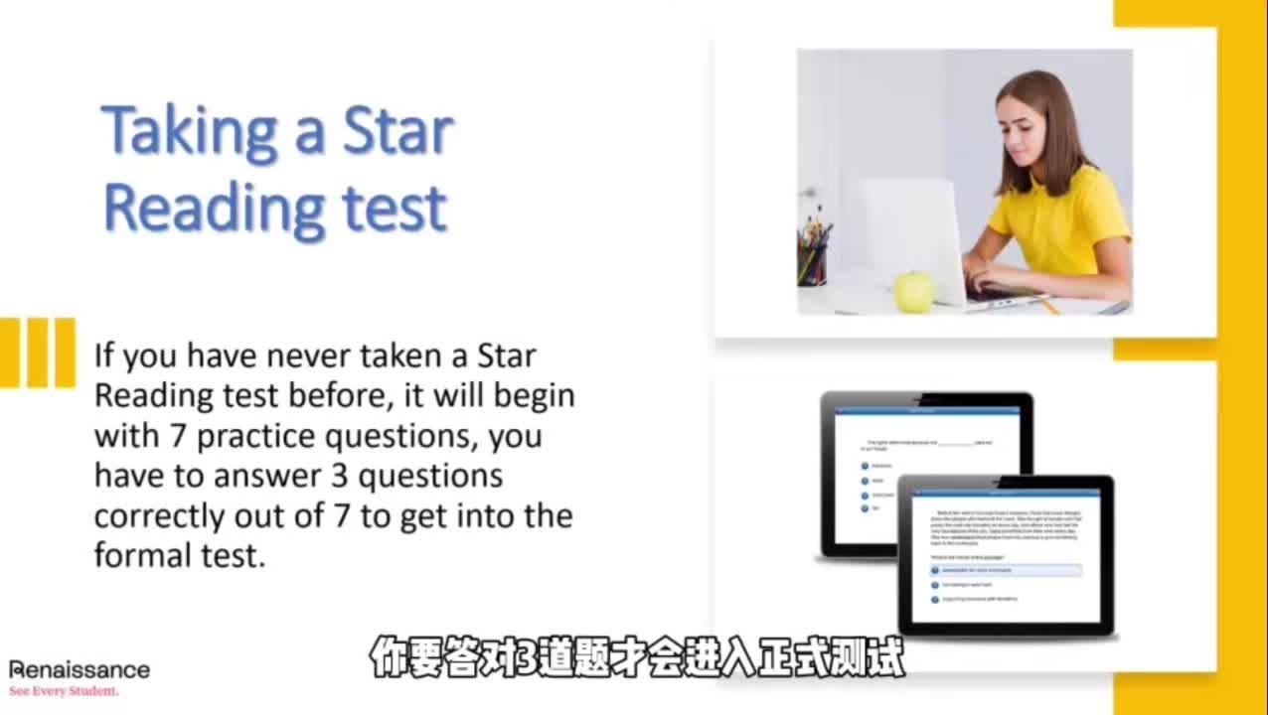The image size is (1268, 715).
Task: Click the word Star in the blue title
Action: pyautogui.click(x=397, y=132)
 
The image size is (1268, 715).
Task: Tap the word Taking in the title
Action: pyautogui.click(x=188, y=132)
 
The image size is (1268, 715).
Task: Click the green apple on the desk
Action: pyautogui.click(x=913, y=291)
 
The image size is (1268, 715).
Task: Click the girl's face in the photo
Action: pyautogui.click(x=1029, y=125)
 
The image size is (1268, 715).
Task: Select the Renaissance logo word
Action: pyautogui.click(x=79, y=669)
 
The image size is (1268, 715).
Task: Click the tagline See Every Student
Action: pyautogui.click(x=64, y=690)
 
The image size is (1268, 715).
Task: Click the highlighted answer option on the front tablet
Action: pyautogui.click(x=1005, y=571)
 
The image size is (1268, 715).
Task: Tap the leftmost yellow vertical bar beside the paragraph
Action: pyautogui.click(x=8, y=353)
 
